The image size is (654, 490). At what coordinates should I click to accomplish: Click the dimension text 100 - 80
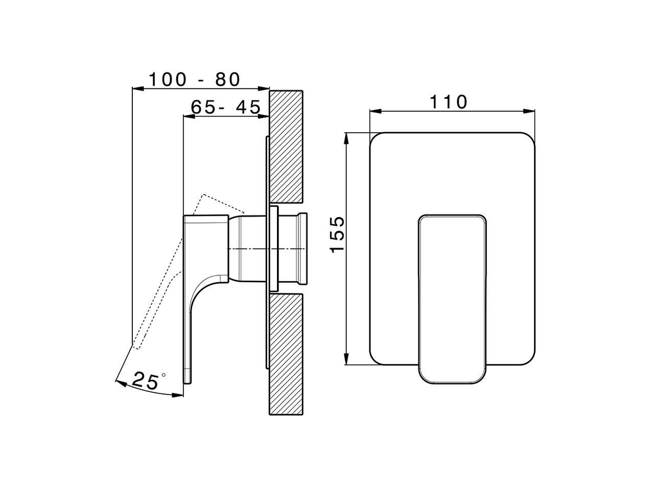click(x=194, y=80)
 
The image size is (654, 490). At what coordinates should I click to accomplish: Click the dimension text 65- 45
click(x=225, y=107)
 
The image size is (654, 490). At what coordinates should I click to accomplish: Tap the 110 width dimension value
click(x=448, y=102)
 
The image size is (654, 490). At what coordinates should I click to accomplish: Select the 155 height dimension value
click(x=337, y=235)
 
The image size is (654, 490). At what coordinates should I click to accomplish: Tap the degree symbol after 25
click(x=163, y=375)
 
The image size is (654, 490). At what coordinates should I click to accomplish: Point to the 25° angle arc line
click(x=153, y=393)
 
